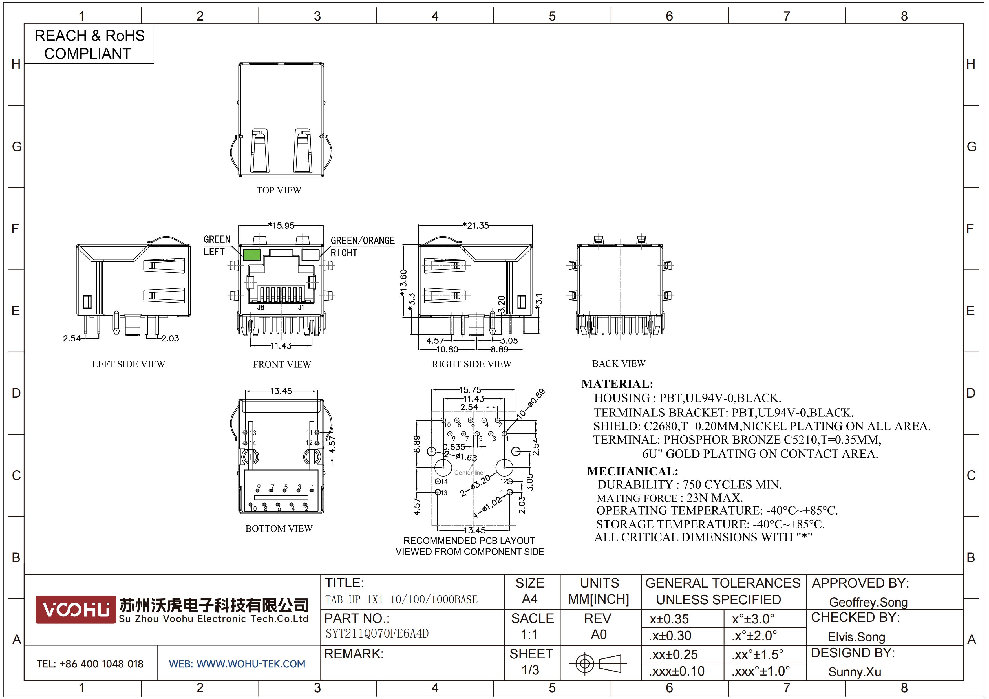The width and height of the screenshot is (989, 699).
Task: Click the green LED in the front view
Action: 251,255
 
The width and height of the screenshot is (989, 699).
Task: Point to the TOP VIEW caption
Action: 279,190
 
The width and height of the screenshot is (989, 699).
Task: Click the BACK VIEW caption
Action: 619,363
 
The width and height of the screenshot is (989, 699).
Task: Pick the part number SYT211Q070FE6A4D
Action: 377,634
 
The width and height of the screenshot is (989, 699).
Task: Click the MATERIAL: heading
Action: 617,384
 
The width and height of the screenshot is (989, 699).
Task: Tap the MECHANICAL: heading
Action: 632,471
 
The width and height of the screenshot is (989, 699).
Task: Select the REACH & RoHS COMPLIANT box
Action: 89,44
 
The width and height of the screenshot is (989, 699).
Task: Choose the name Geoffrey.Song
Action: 868,602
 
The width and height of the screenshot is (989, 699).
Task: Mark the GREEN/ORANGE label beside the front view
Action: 362,240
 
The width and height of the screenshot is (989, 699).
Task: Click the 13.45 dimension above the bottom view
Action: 281,391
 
